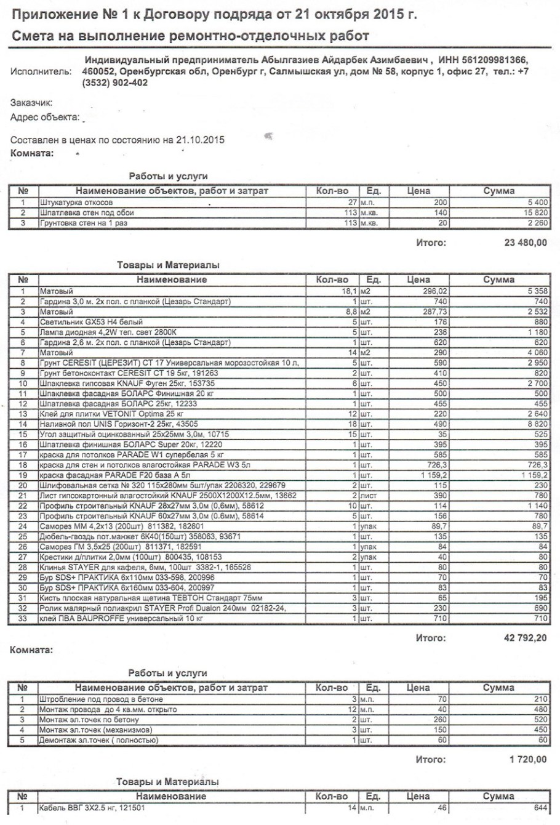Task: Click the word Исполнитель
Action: (x=41, y=72)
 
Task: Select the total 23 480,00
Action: (x=525, y=243)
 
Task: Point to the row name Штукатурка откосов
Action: (x=76, y=202)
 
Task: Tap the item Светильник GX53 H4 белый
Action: (x=90, y=321)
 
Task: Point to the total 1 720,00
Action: (x=527, y=760)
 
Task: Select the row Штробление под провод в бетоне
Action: (x=101, y=699)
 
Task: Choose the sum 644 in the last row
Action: (x=539, y=808)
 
